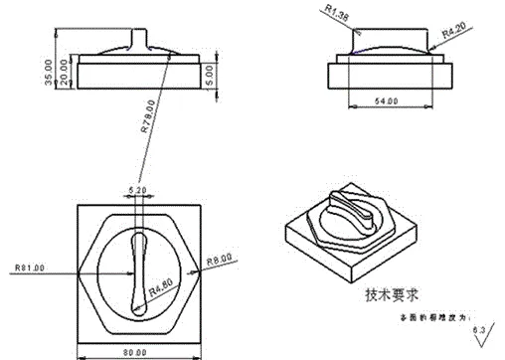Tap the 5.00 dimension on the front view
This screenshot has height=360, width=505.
point(209,72)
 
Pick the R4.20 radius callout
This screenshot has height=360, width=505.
point(452,32)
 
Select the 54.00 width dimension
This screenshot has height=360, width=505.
point(384,100)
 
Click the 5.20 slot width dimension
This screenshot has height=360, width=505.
point(138,186)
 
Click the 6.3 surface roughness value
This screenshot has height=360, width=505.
point(479,326)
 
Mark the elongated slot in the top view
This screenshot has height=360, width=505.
point(138,269)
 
